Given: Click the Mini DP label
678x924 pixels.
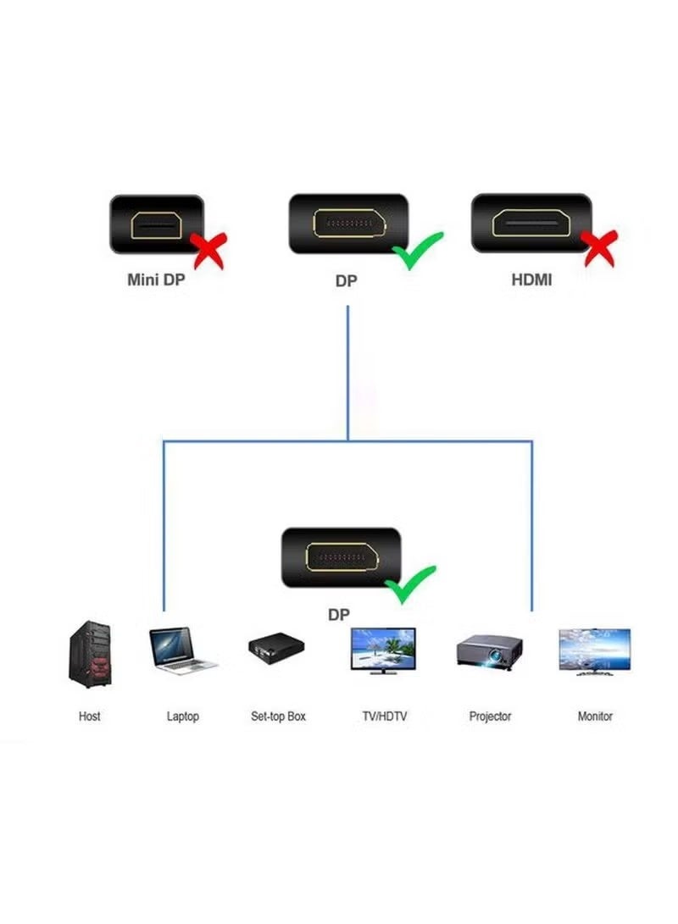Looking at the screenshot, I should coord(155,279).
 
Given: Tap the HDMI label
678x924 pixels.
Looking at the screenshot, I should coord(531,279).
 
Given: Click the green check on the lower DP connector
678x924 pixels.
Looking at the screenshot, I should coord(409,584).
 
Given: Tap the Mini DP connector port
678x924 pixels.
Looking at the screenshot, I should coord(157,224).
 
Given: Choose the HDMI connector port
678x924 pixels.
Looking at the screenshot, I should coord(531,224).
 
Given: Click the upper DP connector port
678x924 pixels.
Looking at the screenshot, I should coord(348,224).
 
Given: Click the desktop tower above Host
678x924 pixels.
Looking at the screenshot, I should coord(89,653).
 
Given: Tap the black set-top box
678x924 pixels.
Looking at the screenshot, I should coord(276,650).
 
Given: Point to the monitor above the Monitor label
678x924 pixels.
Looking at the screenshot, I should coord(594,650).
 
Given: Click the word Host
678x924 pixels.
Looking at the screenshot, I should coord(89,717).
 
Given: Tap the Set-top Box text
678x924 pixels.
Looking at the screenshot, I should coord(278,717).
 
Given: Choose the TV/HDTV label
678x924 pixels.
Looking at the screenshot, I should coord(384,717).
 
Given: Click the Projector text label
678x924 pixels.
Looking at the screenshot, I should coord(490,717).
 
